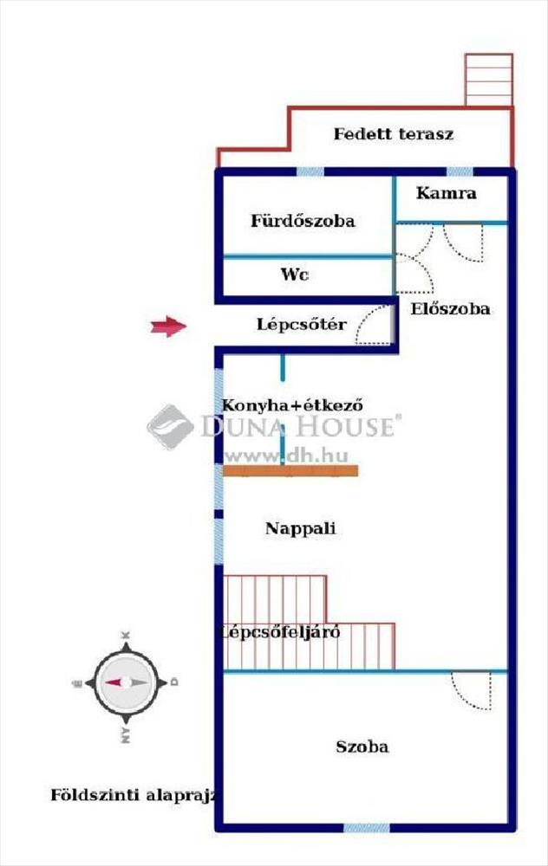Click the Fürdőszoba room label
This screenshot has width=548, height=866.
tap(303, 221)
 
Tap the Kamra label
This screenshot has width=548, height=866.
tap(447, 193)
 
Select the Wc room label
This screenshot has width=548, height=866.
tap(294, 275)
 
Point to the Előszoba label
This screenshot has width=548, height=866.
tap(450, 308)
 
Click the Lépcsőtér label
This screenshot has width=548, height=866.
tap(302, 324)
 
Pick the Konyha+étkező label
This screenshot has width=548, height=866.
tap(292, 404)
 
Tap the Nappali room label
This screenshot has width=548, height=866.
tap(300, 528)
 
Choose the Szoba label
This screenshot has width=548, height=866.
tap(362, 746)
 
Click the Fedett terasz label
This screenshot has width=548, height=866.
tap(393, 133)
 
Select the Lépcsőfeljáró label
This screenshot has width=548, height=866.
tap(280, 632)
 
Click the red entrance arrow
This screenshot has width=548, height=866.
tap(169, 326)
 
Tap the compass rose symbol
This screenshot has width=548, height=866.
tap(126, 682)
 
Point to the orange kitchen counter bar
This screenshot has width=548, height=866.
tap(290, 470)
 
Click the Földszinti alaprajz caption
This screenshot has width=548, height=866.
tap(133, 795)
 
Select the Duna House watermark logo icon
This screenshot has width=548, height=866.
tap(170, 426)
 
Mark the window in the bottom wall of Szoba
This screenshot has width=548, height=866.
tap(366, 828)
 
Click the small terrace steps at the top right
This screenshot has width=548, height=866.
tap(489, 80)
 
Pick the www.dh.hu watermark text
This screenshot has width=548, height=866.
tap(286, 456)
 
